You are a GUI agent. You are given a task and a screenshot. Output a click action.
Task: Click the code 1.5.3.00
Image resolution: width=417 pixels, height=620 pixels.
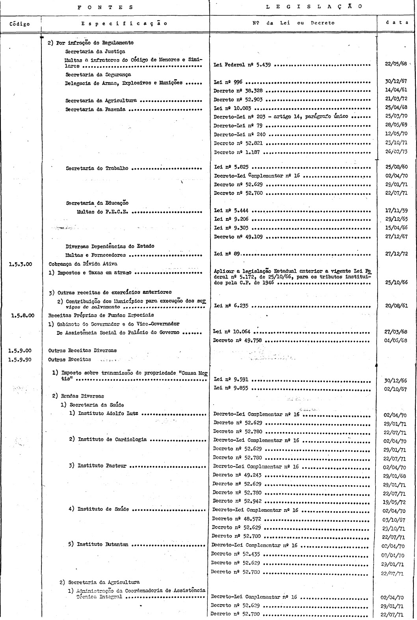(20, 264)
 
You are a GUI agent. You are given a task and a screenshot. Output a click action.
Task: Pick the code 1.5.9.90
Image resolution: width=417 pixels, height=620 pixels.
(20, 359)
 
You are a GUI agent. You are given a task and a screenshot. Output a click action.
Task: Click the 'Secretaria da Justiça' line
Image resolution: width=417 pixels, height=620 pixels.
(95, 51)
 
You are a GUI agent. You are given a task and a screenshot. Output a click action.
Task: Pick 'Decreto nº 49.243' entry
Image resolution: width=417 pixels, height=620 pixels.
(237, 475)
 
